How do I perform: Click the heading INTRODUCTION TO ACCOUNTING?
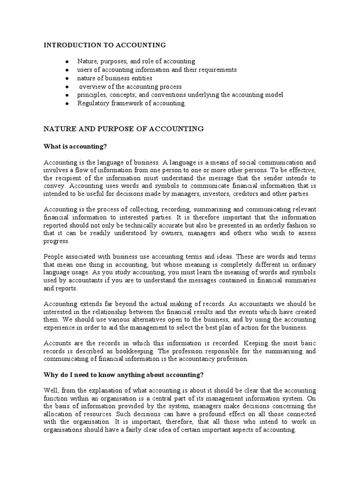coord(105,45)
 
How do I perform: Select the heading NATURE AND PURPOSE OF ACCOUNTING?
coord(123,128)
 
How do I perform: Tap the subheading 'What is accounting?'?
coord(75,147)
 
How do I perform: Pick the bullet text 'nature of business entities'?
coord(115,78)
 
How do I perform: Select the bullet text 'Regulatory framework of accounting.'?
coord(132,103)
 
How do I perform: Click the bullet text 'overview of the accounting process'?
coord(130,87)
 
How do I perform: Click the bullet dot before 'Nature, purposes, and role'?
coord(67,62)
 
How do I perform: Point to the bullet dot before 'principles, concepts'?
coord(67,95)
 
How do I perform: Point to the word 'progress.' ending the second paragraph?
coord(56,241)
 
